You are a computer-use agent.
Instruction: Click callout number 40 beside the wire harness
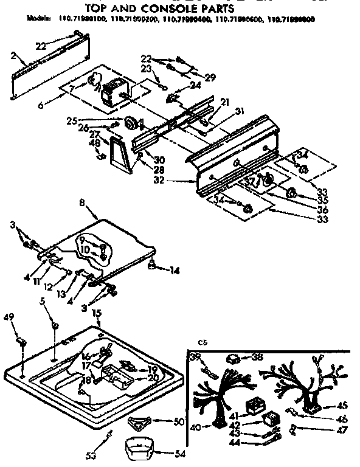click(x=195, y=427)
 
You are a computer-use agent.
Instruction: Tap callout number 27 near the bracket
click(x=95, y=134)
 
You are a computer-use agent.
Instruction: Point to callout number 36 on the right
click(x=322, y=209)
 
